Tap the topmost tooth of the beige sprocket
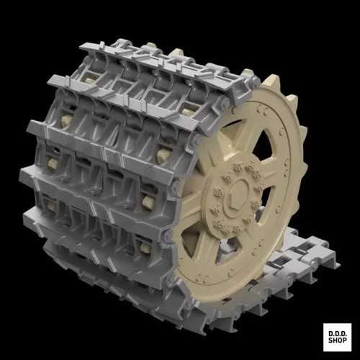[272, 79]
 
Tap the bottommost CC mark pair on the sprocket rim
[202, 279]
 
